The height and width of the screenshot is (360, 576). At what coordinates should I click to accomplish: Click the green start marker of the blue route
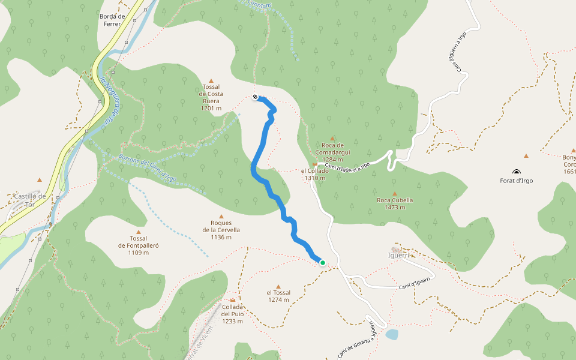click(322, 263)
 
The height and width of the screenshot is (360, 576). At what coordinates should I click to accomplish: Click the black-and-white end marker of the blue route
click(256, 97)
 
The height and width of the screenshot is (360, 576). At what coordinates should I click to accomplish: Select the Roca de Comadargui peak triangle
click(332, 138)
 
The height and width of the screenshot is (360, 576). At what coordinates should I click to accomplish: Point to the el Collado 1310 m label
click(314, 174)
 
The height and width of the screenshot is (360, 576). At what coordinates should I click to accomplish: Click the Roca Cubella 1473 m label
click(395, 204)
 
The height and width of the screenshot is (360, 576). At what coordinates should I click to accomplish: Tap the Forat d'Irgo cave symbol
click(517, 172)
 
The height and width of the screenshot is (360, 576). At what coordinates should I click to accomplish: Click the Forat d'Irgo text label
click(517, 181)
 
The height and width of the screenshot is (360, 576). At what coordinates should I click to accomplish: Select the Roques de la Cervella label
click(221, 230)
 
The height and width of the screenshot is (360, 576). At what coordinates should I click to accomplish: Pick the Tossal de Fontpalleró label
click(139, 245)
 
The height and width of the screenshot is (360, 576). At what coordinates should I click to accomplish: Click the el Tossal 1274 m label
click(278, 296)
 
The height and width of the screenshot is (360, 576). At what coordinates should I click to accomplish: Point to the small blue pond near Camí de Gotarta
click(391, 334)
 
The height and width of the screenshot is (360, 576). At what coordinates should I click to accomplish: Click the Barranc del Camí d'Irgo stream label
click(147, 167)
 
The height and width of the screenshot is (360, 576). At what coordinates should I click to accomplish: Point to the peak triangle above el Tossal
click(278, 287)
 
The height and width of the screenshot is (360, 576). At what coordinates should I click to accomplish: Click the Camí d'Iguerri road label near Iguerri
click(416, 284)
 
